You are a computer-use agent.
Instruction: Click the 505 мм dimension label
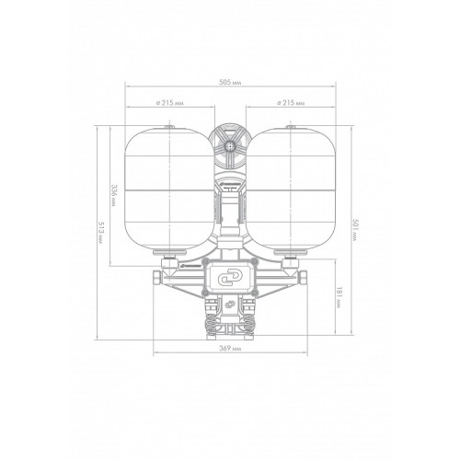tap(230, 83)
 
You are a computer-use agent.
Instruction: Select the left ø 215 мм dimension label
tap(170, 103)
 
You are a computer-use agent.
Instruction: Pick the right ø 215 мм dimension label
tap(291, 103)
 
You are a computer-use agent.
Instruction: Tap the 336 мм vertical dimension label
tap(113, 196)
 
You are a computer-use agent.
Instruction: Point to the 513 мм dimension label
tap(99, 233)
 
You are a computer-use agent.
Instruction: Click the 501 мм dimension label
tap(355, 230)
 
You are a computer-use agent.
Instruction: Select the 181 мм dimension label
tap(339, 298)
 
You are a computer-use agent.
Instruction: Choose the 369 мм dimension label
tap(230, 349)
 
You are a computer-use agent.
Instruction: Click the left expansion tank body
tap(169, 190)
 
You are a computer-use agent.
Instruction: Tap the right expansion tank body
tap(291, 190)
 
